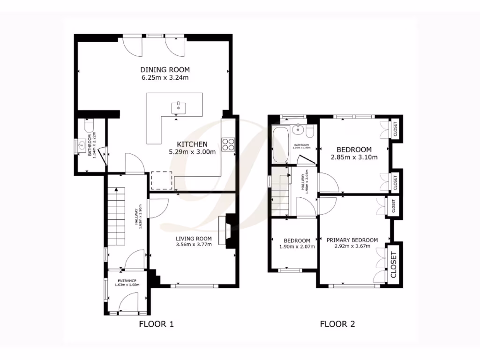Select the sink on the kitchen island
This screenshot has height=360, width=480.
point(179,107)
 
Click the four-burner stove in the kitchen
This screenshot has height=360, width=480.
point(228,144)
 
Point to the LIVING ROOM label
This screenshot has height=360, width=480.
point(193,238)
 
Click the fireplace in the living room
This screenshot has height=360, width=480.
point(229,230)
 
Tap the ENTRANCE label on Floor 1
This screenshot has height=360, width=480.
point(127,281)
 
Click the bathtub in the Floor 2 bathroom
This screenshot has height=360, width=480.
point(280,144)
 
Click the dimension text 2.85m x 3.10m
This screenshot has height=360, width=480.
point(354,157)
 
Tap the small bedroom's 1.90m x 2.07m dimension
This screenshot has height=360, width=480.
point(294,247)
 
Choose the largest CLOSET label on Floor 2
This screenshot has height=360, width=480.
point(394,265)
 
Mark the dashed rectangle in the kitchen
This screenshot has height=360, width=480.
point(161,180)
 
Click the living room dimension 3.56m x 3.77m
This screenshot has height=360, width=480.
point(193,244)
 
